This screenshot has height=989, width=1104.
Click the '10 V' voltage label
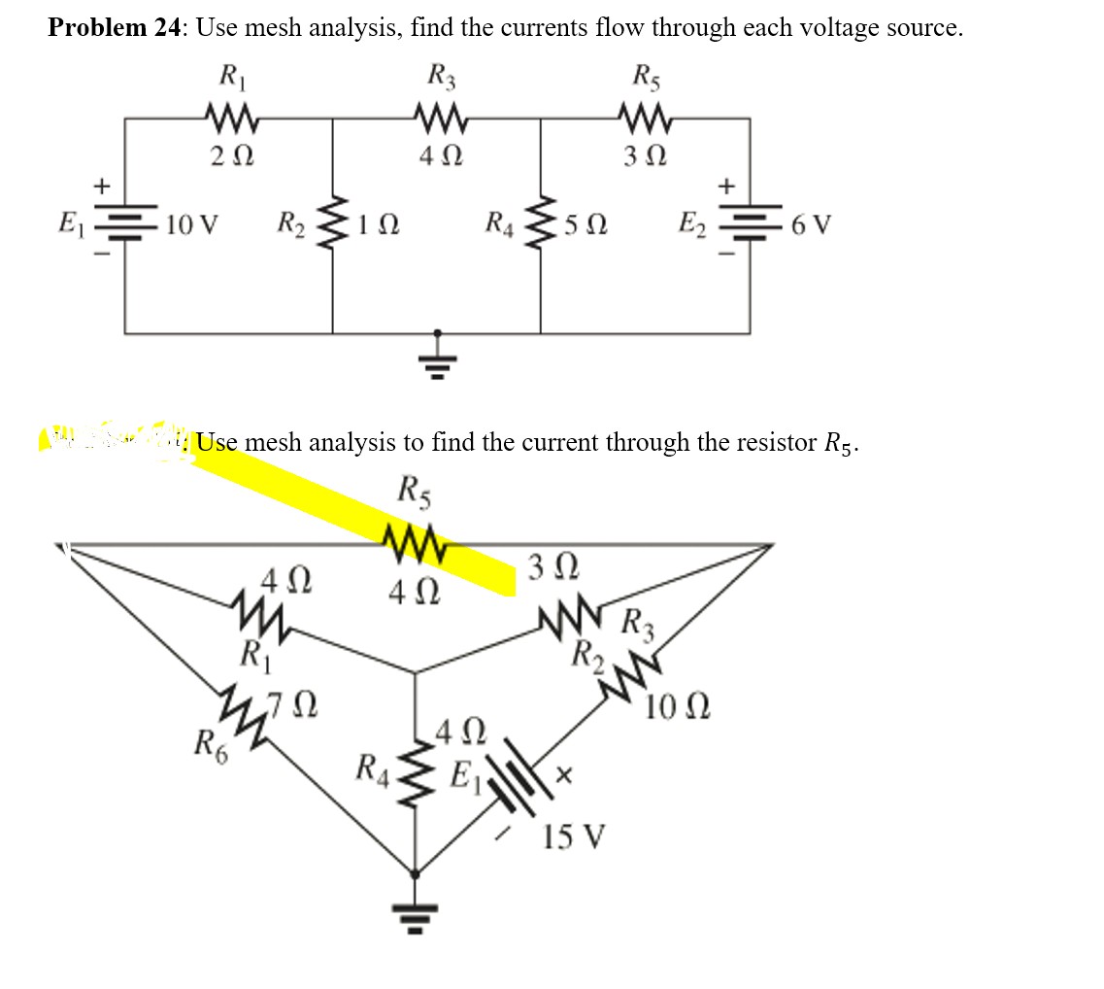click(191, 227)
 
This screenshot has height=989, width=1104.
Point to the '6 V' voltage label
click(811, 226)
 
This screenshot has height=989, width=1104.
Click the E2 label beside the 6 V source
click(698, 226)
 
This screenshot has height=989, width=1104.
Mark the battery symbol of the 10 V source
click(124, 224)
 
